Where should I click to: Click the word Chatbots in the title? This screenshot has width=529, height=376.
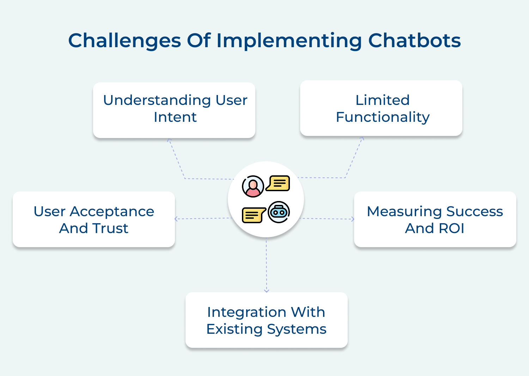(414, 40)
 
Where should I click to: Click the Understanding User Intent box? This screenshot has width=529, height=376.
(174, 110)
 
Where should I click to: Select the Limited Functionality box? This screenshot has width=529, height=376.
(381, 108)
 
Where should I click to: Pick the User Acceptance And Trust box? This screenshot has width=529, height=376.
(94, 219)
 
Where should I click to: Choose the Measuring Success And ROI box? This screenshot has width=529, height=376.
(435, 219)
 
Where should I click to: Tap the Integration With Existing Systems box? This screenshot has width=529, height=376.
(266, 320)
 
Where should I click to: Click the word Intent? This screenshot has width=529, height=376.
(175, 117)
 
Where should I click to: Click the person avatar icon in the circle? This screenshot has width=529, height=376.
(253, 186)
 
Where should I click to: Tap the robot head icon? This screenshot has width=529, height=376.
(279, 212)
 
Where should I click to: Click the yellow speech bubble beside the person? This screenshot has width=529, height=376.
(278, 183)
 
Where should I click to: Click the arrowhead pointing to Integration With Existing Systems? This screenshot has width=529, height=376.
(266, 290)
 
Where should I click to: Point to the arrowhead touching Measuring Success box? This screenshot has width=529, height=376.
(352, 219)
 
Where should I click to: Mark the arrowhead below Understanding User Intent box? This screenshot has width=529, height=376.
(169, 140)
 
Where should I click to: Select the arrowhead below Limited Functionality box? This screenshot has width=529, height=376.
(362, 138)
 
